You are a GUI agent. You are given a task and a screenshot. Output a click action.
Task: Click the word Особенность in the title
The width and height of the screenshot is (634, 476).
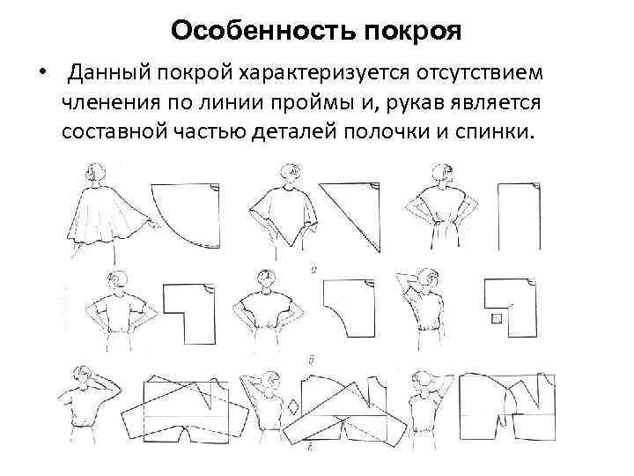click(263, 30)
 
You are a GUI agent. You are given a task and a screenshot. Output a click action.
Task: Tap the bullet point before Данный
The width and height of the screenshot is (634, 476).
click(42, 72)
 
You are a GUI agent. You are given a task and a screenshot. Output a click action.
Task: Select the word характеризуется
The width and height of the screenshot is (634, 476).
click(323, 74)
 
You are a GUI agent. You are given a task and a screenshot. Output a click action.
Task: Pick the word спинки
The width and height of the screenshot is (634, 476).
click(495, 132)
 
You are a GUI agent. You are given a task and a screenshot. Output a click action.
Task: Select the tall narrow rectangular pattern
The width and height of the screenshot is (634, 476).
click(520, 217)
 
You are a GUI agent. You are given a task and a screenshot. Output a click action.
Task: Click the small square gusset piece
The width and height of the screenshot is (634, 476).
click(497, 319)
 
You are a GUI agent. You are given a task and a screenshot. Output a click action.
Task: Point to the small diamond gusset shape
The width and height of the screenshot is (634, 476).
click(293, 406)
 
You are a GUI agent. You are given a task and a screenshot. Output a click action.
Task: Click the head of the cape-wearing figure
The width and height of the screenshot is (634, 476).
click(96, 173)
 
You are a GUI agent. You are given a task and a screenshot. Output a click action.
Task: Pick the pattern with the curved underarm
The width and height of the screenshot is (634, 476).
click(350, 308)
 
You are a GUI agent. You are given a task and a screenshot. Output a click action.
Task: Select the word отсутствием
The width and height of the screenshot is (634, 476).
click(480, 74)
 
